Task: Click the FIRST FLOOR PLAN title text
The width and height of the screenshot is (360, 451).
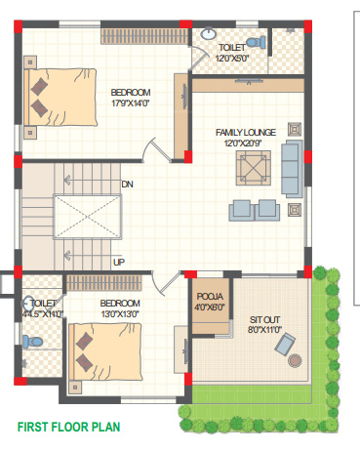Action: pyautogui.click(x=67, y=427)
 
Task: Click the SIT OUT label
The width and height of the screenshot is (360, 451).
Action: pyautogui.click(x=264, y=319)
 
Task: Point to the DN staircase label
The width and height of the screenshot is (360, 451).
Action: pyautogui.click(x=127, y=184)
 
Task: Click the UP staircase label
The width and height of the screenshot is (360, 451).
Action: pyautogui.click(x=119, y=262)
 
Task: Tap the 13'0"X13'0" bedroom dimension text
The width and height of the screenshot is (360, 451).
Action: pyautogui.click(x=120, y=315)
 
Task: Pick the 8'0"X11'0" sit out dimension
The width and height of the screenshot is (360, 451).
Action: pyautogui.click(x=264, y=331)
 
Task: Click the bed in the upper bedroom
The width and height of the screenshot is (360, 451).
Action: pyautogui.click(x=59, y=98)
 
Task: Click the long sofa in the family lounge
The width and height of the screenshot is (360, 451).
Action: pyautogui.click(x=291, y=167)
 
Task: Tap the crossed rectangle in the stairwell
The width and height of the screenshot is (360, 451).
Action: pyautogui.click(x=87, y=216)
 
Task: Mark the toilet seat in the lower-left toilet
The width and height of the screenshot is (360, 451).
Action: pyautogui.click(x=29, y=338)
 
